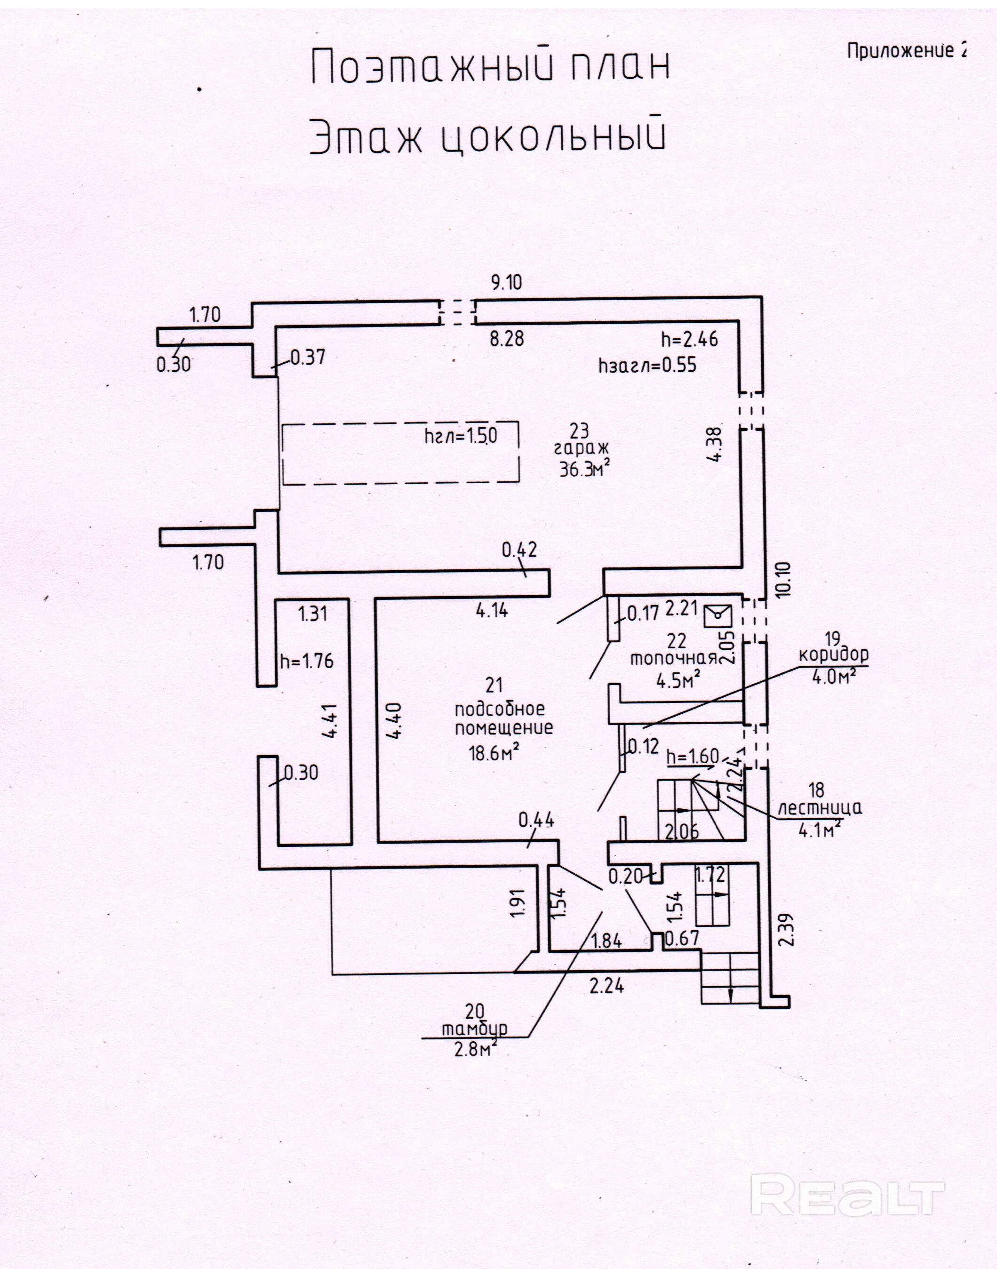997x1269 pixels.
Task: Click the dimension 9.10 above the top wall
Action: click(x=506, y=283)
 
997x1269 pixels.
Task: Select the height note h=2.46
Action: click(x=689, y=339)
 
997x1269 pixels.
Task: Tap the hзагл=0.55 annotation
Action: click(x=647, y=366)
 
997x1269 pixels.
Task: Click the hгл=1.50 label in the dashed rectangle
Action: click(x=461, y=436)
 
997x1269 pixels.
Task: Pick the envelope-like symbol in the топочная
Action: click(x=718, y=615)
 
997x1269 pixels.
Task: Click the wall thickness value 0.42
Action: click(x=519, y=550)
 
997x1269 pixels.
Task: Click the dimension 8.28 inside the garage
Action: click(x=506, y=339)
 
